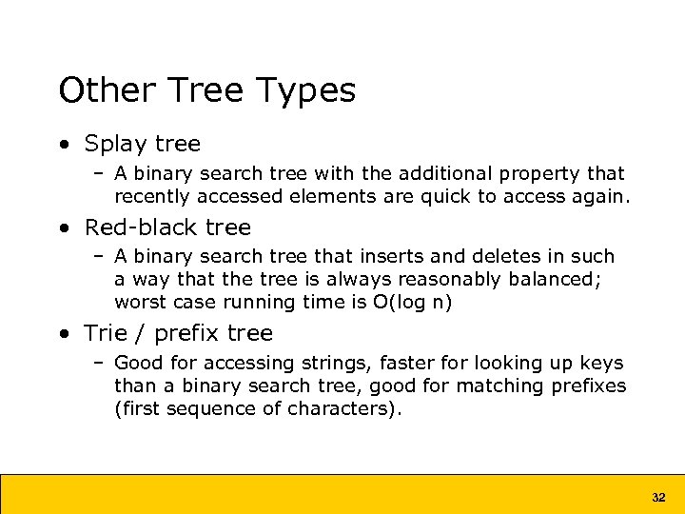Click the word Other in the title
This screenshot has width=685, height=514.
[x=103, y=91]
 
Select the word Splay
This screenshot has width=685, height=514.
[x=116, y=145]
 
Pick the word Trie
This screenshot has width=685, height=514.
[x=104, y=333]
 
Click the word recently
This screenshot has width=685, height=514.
[x=151, y=197]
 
